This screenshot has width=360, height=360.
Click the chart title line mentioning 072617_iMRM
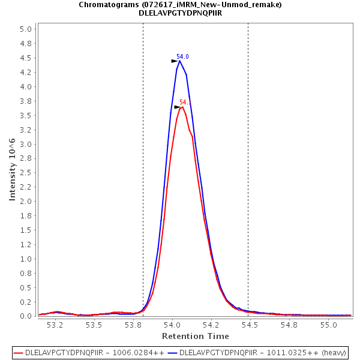(180, 4)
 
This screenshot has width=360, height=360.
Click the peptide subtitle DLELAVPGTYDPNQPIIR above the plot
(180, 13)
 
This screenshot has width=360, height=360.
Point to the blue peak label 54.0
(182, 56)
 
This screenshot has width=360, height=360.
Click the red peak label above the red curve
(185, 102)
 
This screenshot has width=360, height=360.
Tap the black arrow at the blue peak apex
(175, 61)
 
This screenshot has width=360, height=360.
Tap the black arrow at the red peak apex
(178, 107)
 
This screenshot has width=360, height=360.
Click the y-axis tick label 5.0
(26, 29)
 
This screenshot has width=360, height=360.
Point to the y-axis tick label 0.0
(26, 316)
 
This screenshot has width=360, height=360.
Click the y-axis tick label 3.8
(26, 101)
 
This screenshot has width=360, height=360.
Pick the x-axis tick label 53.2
(55, 325)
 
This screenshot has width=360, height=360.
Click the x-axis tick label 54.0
(173, 325)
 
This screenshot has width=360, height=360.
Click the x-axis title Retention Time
(195, 336)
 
